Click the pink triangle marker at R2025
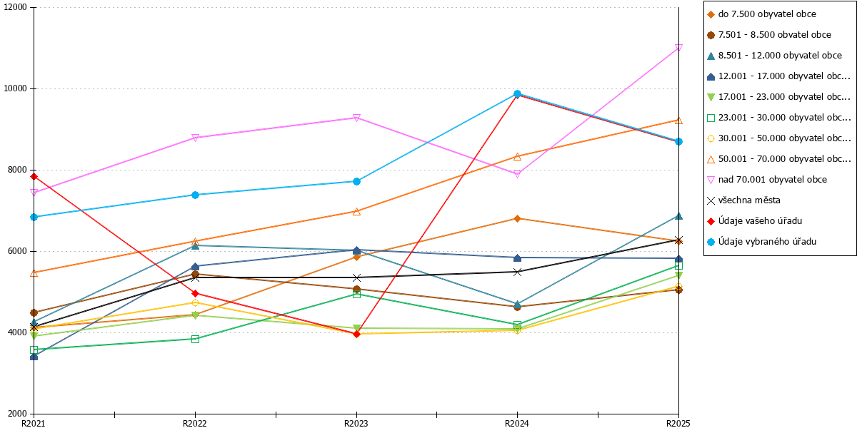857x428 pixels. pos(678,47)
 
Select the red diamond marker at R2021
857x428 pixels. pos(34,177)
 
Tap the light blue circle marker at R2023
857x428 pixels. pos(356,181)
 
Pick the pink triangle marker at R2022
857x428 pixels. pos(195,138)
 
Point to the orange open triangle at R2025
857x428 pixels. pos(678,121)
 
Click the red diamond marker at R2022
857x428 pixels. pos(195,293)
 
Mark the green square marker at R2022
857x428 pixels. pos(195,339)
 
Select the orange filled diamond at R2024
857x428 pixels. pos(517,218)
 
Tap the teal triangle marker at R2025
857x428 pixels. pos(678,216)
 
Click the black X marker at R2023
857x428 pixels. pos(356,277)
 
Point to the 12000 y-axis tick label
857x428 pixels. pos(15,7)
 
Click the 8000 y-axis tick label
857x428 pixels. pos(17,170)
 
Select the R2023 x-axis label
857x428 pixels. pos(356,423)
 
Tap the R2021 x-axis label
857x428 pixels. pos(34,423)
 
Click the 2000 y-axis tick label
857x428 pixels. pos(17,414)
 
